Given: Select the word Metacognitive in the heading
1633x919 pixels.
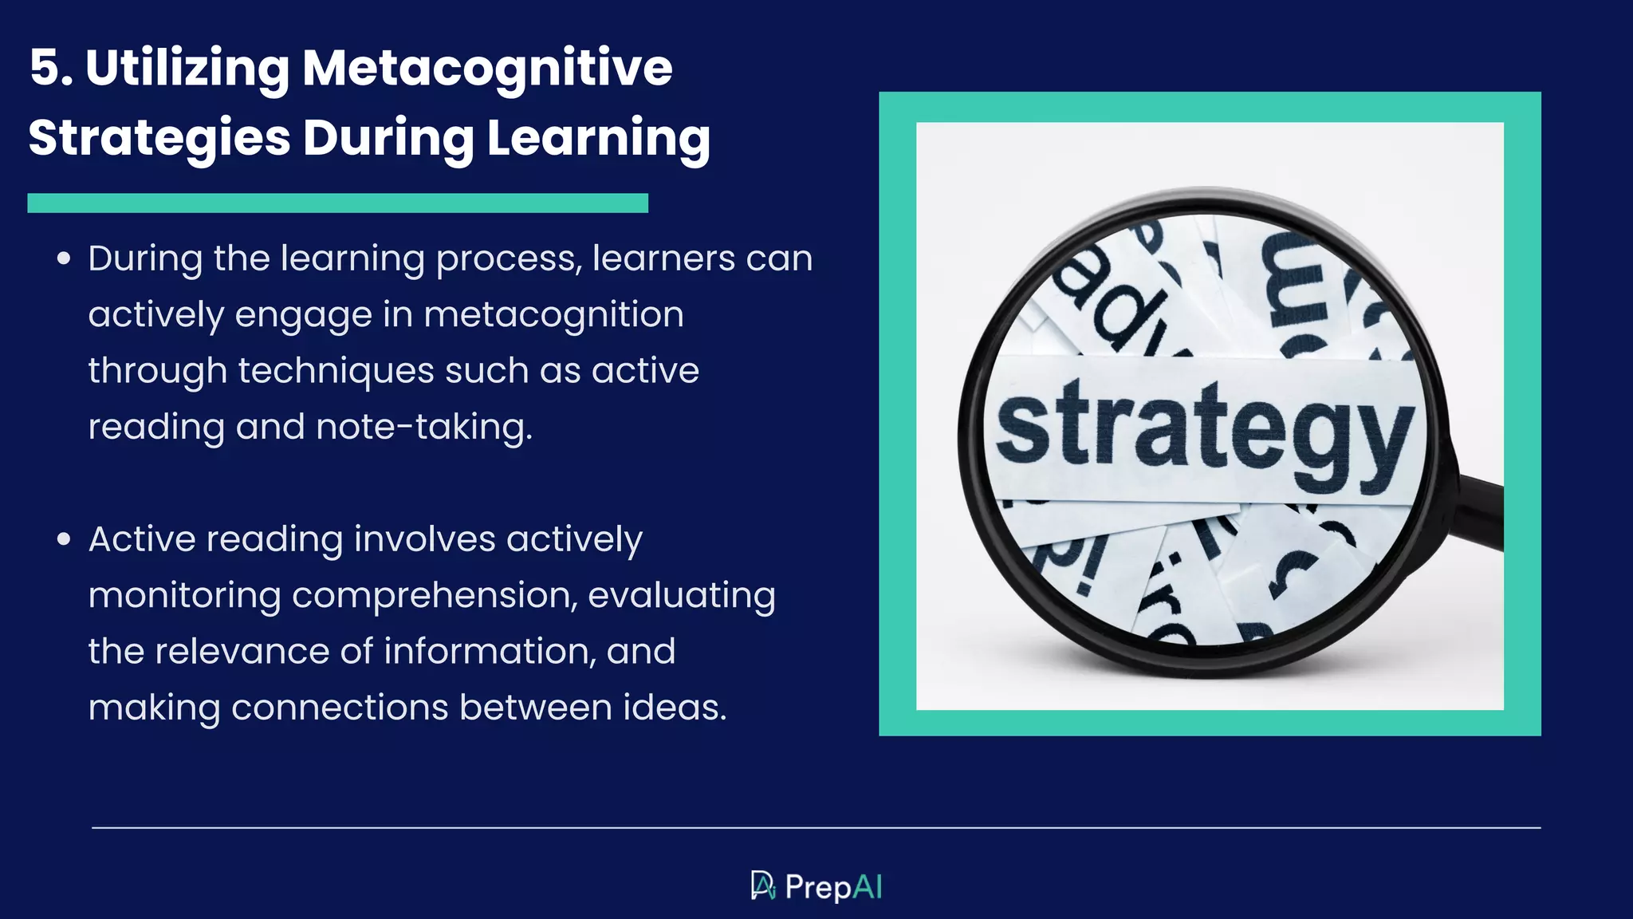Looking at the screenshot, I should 487,68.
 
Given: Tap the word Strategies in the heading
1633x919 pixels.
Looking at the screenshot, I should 159,138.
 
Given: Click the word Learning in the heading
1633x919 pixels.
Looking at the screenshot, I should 598,138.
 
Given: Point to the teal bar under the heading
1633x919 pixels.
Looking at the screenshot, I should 337,203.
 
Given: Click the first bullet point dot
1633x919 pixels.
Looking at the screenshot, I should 64,258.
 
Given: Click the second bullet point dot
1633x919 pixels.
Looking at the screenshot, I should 64,539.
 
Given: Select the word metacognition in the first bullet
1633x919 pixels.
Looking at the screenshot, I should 553,314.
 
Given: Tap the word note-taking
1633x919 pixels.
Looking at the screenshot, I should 423,427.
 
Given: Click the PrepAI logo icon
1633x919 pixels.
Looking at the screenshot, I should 762,885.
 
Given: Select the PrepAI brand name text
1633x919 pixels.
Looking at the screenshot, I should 833,887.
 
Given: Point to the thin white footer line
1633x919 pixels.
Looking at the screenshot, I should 816,828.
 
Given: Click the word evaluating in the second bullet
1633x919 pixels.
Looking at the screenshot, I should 682,595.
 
